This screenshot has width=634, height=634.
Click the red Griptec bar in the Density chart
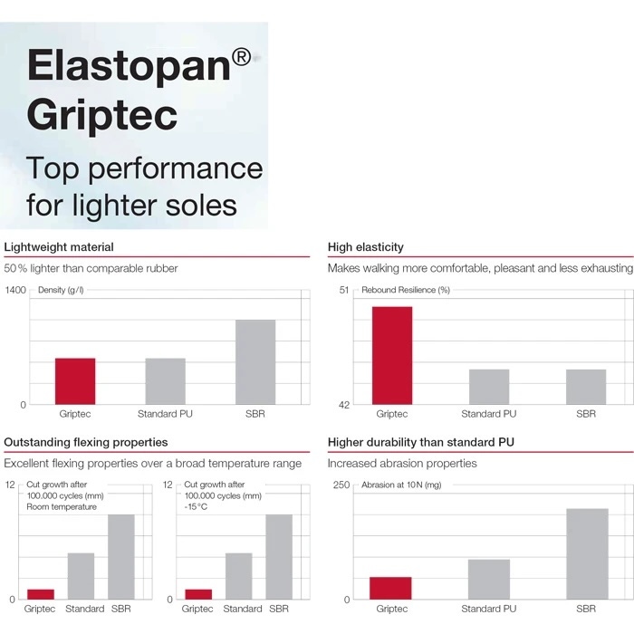(75, 381)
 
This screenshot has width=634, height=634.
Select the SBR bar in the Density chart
(255, 362)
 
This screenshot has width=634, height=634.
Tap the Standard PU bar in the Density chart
(166, 381)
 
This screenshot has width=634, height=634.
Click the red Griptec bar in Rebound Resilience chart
(392, 355)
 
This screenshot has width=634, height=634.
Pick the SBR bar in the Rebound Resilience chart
(586, 387)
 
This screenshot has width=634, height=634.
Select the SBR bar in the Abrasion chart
(587, 554)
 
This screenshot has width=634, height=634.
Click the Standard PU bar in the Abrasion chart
(489, 580)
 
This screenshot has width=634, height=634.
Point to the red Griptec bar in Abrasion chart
(390, 588)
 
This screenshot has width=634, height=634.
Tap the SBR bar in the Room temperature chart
(121, 557)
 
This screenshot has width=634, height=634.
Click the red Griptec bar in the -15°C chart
(198, 594)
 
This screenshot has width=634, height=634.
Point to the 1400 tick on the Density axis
(15, 290)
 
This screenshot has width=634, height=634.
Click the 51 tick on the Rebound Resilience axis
(343, 290)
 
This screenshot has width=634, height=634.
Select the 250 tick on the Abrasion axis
(341, 485)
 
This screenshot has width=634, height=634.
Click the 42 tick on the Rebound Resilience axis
(343, 405)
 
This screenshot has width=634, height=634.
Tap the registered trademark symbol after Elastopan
(242, 57)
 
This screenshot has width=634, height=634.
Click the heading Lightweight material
(59, 247)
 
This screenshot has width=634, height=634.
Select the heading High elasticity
(366, 247)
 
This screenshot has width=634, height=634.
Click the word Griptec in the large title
(101, 116)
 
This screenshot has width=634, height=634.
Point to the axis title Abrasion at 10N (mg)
(401, 485)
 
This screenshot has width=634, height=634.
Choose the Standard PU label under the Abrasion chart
(489, 609)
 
